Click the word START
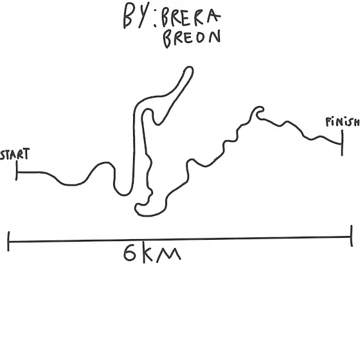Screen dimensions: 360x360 [15, 154]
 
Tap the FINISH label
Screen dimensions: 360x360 [343, 122]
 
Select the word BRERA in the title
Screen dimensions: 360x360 [190, 18]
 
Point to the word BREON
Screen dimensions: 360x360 [192, 39]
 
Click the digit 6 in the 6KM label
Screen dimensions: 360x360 [129, 253]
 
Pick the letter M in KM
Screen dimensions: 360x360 [168, 255]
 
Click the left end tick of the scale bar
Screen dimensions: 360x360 [8, 241]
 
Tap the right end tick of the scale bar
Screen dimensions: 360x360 [351, 236]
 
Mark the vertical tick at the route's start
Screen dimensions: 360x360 [17, 170]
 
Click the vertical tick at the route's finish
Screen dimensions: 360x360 [342, 143]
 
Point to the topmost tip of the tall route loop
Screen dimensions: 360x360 [189, 67]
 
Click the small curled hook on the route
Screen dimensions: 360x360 [258, 112]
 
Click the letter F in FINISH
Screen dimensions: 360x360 [328, 122]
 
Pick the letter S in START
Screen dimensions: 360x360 [3, 155]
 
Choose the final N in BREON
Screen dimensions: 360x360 [215, 37]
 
